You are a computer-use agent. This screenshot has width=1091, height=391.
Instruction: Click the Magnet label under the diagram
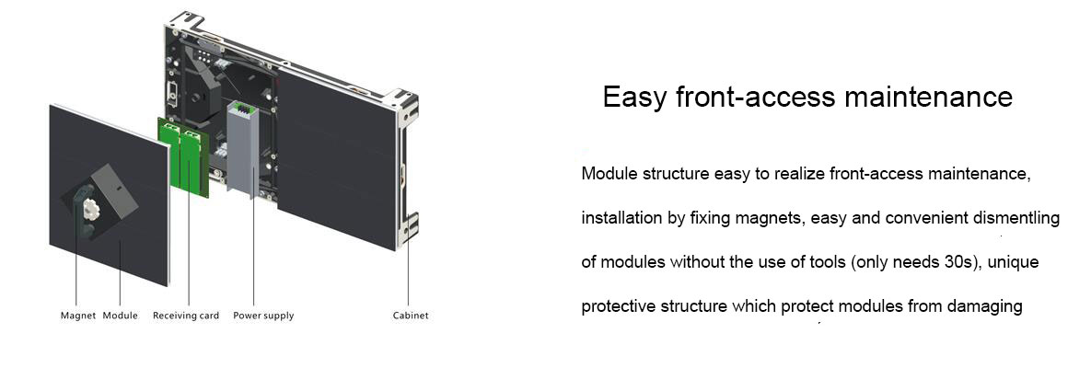click(x=78, y=316)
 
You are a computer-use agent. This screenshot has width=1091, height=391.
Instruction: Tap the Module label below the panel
click(x=121, y=316)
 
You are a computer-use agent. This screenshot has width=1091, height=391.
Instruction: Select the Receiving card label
click(x=186, y=316)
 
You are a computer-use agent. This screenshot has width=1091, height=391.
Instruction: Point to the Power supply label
click(x=263, y=316)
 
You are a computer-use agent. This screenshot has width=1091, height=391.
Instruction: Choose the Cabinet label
click(x=411, y=316)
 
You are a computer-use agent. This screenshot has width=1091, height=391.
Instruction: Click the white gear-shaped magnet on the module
click(x=89, y=207)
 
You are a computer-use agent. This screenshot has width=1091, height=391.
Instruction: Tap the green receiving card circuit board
click(x=184, y=156)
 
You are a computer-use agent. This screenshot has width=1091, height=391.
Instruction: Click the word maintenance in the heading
click(x=928, y=98)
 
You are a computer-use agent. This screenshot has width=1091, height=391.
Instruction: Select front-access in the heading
click(x=756, y=98)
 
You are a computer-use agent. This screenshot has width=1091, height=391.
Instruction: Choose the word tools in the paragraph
click(x=827, y=262)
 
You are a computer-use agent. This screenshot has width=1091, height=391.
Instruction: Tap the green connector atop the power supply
click(x=244, y=107)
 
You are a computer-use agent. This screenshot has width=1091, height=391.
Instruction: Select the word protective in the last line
click(x=619, y=306)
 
